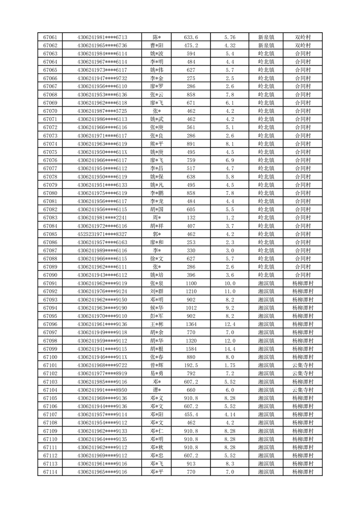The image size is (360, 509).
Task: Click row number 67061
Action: (50, 37)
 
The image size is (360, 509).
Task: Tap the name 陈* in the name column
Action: (157, 37)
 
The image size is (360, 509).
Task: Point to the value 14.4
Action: (230, 349)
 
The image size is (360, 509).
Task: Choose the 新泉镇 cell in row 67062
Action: (266, 45)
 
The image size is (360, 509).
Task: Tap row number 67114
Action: (50, 472)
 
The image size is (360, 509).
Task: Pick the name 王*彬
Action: (157, 324)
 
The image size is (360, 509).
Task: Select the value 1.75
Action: (230, 365)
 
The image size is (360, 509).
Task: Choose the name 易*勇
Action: (157, 373)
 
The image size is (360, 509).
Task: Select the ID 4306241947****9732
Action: (102, 78)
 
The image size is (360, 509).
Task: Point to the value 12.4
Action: (230, 324)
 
